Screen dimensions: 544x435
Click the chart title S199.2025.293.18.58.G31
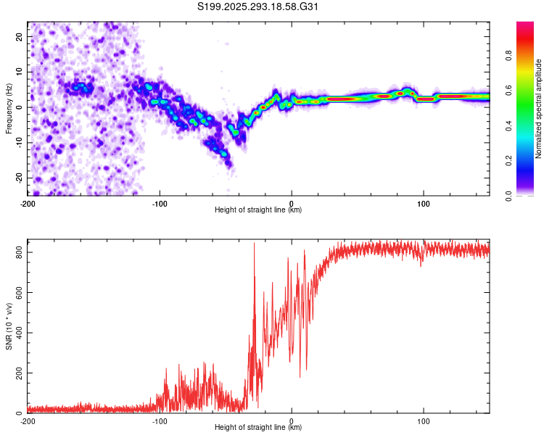pos(257,7)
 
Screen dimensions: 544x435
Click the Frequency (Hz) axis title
pos(9,109)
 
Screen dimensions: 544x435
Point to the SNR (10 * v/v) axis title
pos(9,326)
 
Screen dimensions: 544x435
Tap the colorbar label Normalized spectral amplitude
pos(538,109)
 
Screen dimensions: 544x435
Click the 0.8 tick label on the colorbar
pos(508,56)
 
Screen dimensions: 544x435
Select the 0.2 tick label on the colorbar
pos(508,161)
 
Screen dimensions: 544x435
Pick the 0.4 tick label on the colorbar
pos(508,126)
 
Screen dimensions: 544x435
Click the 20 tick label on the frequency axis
pos(19,36)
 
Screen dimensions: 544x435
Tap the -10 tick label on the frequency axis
pos(19,143)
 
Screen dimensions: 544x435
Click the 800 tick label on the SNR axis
pos(19,252)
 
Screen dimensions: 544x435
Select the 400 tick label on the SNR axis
pos(19,333)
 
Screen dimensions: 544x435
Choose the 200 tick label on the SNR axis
pos(19,373)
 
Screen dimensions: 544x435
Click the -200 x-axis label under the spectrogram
pos(28,204)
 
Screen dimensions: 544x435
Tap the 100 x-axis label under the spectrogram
pos(424,204)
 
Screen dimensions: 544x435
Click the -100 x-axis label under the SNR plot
pos(160,421)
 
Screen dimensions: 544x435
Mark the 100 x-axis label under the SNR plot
pos(424,421)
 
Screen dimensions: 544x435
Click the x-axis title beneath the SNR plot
pos(258,427)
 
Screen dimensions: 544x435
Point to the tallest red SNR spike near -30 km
pos(254,243)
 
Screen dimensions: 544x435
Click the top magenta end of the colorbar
pos(525,22)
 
